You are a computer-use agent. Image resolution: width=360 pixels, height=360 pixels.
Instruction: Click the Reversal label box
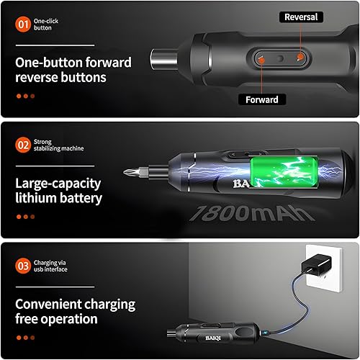[x=300, y=17]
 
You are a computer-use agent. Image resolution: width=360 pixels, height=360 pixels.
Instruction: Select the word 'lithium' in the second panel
[x=35, y=197]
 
